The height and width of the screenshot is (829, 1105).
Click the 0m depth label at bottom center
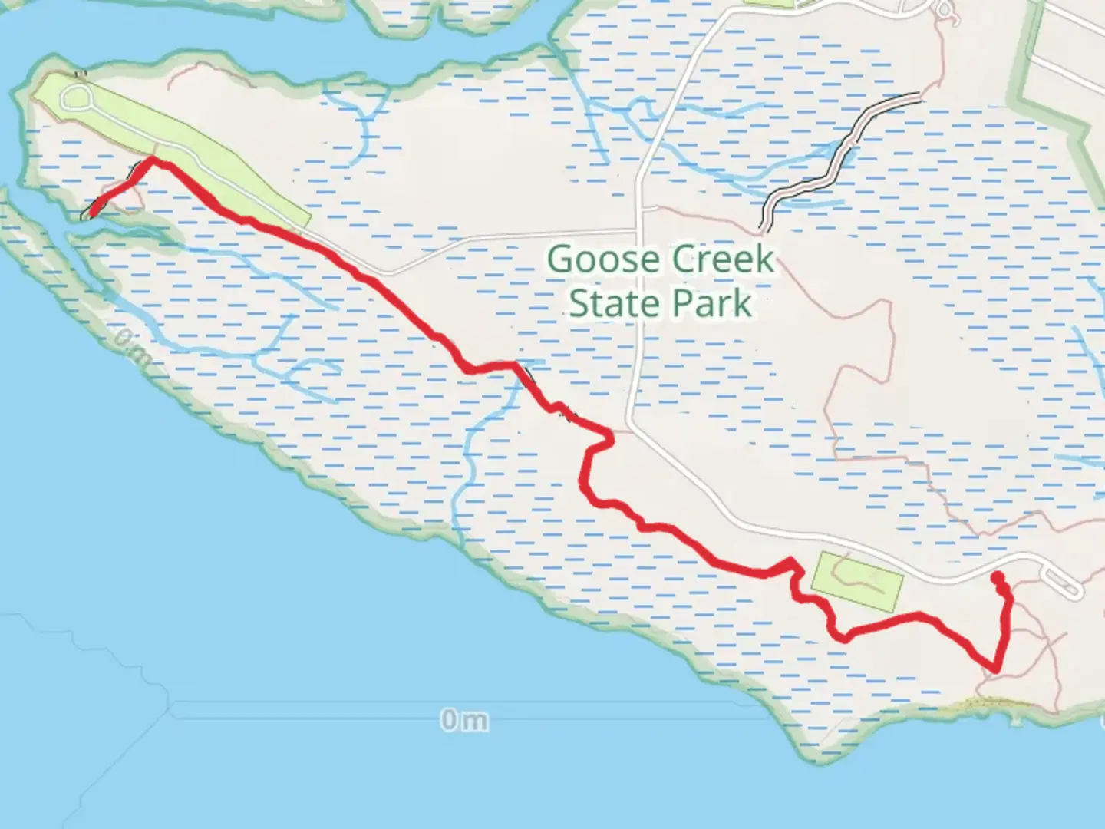pos(464,720)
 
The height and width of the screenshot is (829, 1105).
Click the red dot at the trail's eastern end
pos(997,577)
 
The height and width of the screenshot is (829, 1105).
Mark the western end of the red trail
pos(91,213)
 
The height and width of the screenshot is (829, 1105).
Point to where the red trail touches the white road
pos(610,438)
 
